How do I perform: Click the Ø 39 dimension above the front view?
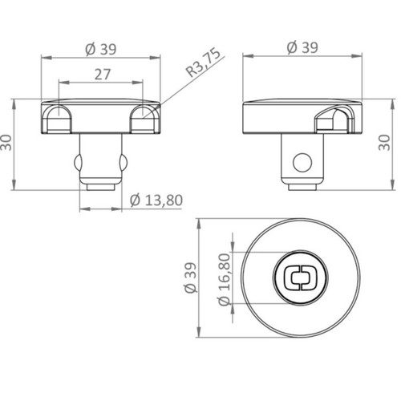(101, 50)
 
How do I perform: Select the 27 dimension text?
(103, 75)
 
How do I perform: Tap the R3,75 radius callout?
(204, 63)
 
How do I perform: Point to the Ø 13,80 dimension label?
(156, 200)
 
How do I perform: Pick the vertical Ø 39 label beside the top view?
(191, 278)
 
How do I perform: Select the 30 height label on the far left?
(6, 143)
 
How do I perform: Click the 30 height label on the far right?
(385, 143)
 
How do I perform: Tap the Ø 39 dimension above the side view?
(302, 48)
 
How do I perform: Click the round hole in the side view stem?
(302, 163)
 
